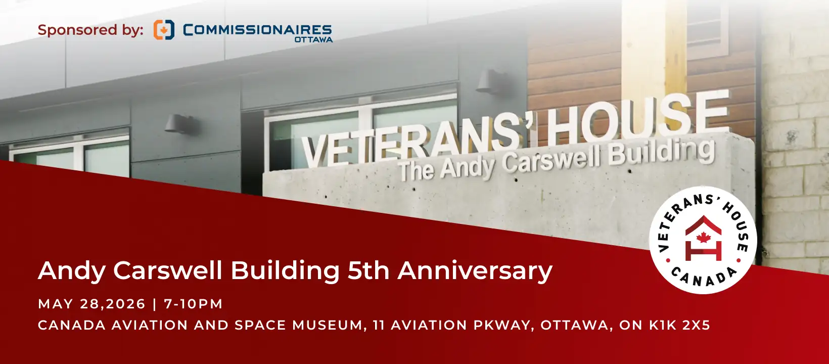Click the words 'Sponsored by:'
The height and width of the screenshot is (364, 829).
[90, 30]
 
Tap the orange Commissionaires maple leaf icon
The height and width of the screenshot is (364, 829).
[164, 30]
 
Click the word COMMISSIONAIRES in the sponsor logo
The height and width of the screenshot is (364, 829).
[257, 30]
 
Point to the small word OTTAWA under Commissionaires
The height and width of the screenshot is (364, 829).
[313, 39]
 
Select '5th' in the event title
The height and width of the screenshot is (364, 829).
[368, 270]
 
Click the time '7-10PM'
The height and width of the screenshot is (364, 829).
[193, 304]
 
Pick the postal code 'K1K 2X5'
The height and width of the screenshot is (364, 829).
[679, 325]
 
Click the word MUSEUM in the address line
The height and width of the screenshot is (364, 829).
[327, 325]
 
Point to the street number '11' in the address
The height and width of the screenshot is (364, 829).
[379, 325]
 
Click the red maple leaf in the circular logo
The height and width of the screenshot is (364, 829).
[703, 238]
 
